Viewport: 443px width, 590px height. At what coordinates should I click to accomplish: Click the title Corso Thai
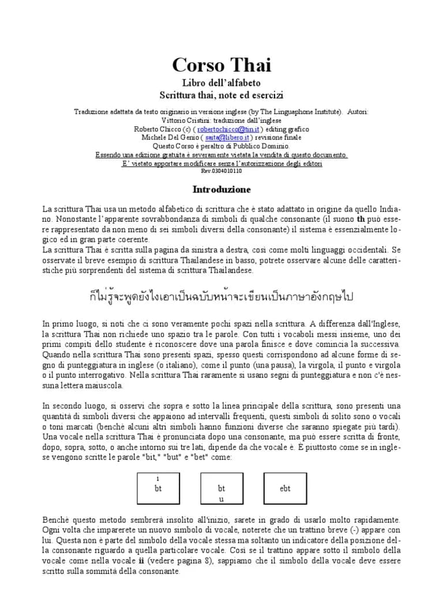pyautogui.click(x=221, y=65)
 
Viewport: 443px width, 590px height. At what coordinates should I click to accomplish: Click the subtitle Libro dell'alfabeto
pyautogui.click(x=221, y=83)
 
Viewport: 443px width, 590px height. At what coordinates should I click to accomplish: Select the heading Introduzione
pyautogui.click(x=221, y=189)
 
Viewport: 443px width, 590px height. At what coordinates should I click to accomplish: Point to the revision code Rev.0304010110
pyautogui.click(x=221, y=171)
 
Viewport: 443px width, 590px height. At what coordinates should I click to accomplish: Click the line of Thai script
pyautogui.click(x=221, y=297)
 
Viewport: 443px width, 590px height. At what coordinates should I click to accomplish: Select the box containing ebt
pyautogui.click(x=285, y=488)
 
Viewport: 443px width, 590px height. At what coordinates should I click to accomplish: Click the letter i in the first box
pyautogui.click(x=158, y=479)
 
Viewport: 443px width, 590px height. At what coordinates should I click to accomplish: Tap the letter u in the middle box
pyautogui.click(x=221, y=499)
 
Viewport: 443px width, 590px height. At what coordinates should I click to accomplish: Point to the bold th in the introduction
pyautogui.click(x=361, y=219)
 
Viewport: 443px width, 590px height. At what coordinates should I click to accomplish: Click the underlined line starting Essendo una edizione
pyautogui.click(x=221, y=155)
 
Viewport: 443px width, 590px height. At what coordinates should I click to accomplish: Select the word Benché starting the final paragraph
pyautogui.click(x=55, y=520)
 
